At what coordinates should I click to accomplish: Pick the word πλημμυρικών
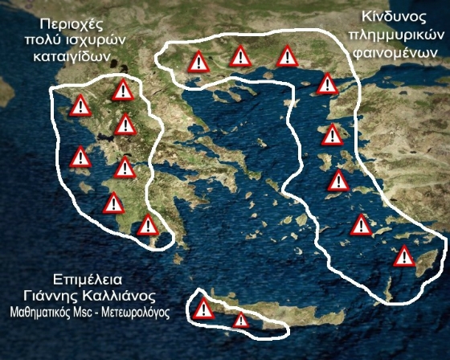(397, 35)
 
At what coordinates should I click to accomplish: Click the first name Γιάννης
(56, 295)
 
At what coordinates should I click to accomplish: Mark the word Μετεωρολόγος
(137, 310)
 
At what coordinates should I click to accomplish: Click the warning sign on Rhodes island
(403, 256)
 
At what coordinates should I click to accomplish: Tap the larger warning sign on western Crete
(204, 309)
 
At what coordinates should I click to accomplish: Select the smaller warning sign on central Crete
(241, 320)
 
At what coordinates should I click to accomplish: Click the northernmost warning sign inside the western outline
(123, 90)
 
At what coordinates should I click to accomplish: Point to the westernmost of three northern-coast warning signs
(197, 61)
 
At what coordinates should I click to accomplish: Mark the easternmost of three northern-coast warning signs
(287, 56)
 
